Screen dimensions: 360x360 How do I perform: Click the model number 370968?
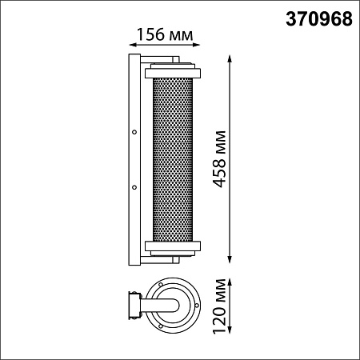pos(318,21)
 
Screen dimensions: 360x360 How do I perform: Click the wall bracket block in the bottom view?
pos(130,305)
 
